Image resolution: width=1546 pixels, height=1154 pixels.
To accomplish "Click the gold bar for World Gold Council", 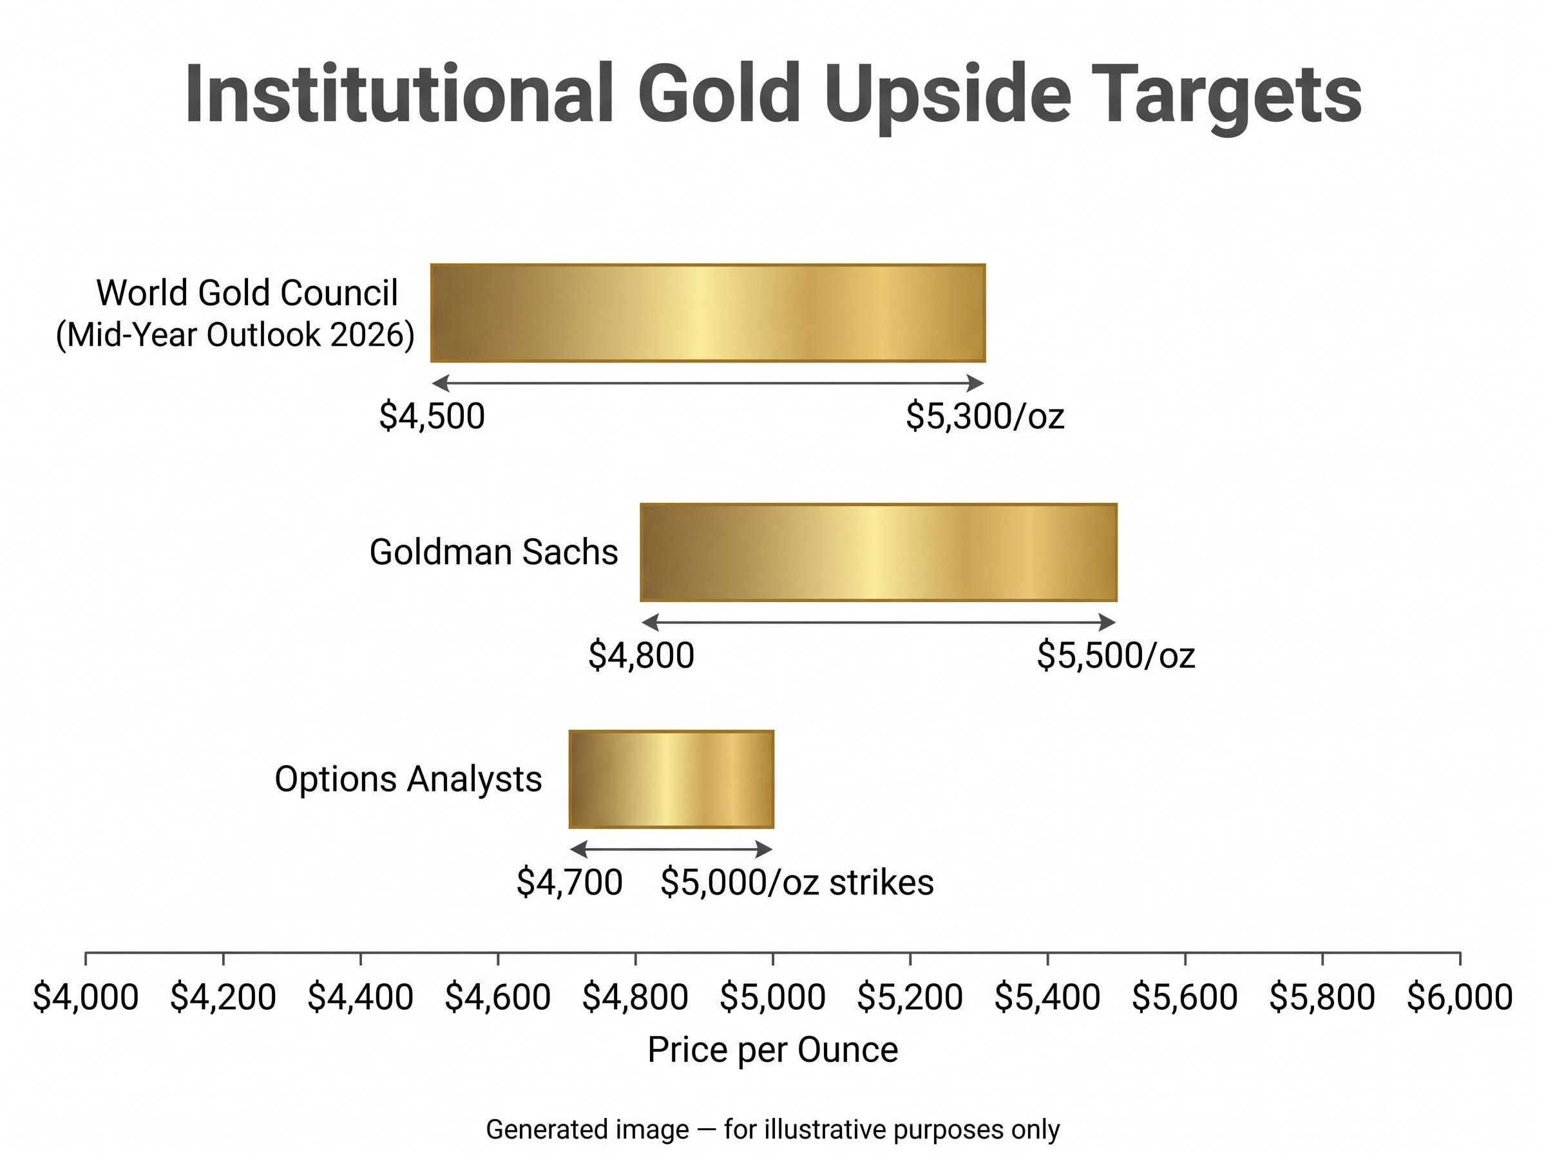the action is (708, 313).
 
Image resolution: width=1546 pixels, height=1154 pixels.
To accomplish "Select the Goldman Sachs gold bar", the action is (878, 552).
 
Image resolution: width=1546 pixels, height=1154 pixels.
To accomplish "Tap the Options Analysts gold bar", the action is (671, 779).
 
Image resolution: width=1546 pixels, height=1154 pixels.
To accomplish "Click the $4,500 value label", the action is (432, 417).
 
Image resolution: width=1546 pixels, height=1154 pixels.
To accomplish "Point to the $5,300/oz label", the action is (985, 417).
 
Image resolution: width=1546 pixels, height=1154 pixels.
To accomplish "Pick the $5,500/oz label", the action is (1116, 655).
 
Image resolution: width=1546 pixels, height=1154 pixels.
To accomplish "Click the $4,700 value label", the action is (569, 882).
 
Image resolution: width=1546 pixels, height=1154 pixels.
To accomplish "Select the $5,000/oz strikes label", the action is (797, 882).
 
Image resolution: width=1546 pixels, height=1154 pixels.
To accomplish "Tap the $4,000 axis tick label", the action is (85, 997).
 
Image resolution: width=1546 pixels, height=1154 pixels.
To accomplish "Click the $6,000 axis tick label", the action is (1460, 997).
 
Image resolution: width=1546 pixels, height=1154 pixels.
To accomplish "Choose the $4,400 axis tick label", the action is (361, 997).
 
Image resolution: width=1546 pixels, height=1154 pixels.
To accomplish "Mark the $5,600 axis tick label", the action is (1185, 997).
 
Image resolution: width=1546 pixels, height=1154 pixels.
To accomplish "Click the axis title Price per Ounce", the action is (772, 1050).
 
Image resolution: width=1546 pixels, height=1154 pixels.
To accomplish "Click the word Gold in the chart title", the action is (718, 93).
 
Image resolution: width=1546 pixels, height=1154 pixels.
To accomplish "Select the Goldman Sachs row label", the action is (494, 552).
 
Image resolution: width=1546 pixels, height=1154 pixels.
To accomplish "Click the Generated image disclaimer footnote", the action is (772, 1130).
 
